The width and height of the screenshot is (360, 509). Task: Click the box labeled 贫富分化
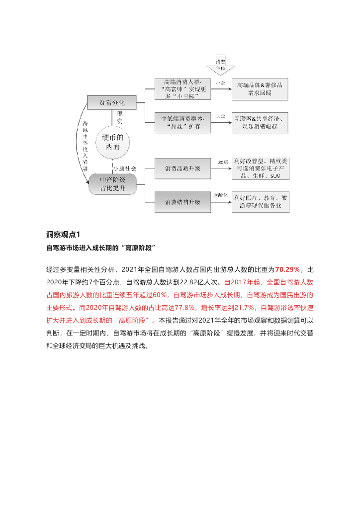pyautogui.click(x=111, y=103)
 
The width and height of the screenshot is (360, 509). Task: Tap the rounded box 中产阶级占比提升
pyautogui.click(x=112, y=184)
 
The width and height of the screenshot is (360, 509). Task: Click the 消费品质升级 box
pyautogui.click(x=182, y=169)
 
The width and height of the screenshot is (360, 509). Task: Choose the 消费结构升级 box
pyautogui.click(x=182, y=202)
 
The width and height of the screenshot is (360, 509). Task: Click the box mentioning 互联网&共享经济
pyautogui.click(x=261, y=123)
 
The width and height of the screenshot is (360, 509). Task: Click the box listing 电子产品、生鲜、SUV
pyautogui.click(x=261, y=169)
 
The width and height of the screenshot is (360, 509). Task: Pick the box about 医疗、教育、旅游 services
pyautogui.click(x=261, y=202)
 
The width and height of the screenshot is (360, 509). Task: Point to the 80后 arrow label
pyautogui.click(x=222, y=163)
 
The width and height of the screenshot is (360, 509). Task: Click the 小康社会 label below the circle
pyautogui.click(x=124, y=169)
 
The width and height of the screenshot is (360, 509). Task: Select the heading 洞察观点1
pyautogui.click(x=63, y=234)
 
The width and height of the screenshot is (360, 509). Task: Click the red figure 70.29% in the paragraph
pyautogui.click(x=287, y=269)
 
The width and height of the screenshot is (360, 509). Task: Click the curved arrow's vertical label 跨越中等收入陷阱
pyautogui.click(x=86, y=144)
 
